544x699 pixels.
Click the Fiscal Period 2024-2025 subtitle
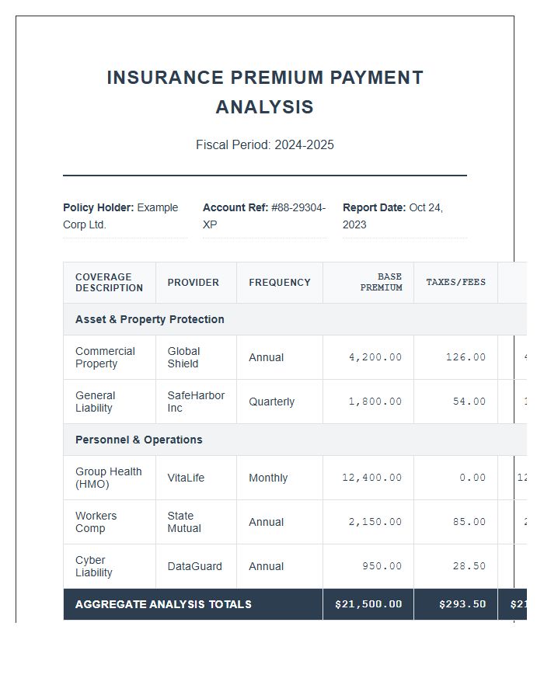pyautogui.click(x=264, y=145)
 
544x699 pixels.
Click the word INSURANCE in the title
pyautogui.click(x=160, y=78)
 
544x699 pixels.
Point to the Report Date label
pyautogui.click(x=374, y=207)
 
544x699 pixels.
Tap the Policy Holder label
pyautogui.click(x=98, y=207)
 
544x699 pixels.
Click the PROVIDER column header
pyautogui.click(x=193, y=283)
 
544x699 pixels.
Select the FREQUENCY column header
pyautogui.click(x=279, y=283)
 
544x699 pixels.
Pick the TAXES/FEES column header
pyautogui.click(x=455, y=282)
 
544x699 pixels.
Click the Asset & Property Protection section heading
pyautogui.click(x=149, y=319)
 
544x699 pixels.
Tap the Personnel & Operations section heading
pyautogui.click(x=138, y=440)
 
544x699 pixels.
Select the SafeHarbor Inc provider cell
pyautogui.click(x=195, y=402)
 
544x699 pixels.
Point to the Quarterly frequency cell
pyautogui.click(x=271, y=402)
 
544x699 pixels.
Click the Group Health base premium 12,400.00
pyautogui.click(x=371, y=478)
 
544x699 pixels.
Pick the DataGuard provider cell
pyautogui.click(x=194, y=566)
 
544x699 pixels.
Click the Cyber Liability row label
pyautogui.click(x=93, y=566)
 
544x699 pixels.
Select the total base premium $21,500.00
pyautogui.click(x=368, y=604)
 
